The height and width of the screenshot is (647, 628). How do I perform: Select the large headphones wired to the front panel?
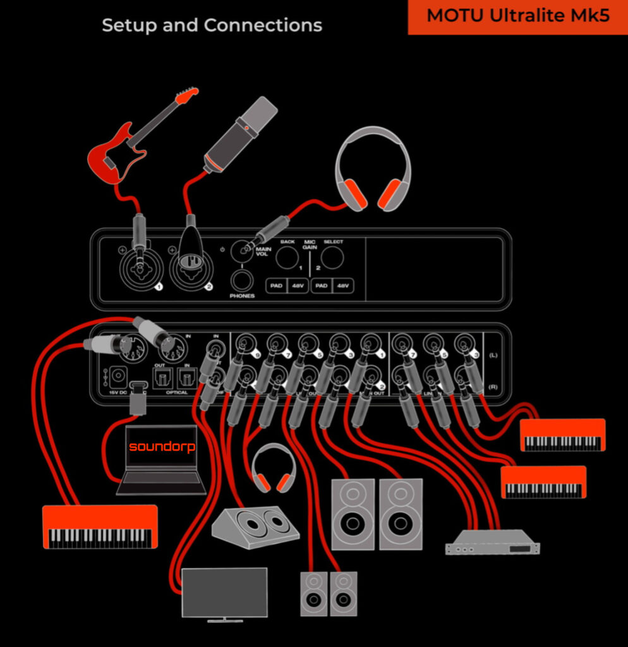[373, 168]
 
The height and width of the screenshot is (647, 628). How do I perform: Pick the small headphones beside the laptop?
[273, 468]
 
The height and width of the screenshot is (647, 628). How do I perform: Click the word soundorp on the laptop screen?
[162, 447]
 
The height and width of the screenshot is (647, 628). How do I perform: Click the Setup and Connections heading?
[212, 26]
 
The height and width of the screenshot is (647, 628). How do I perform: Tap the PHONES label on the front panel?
[242, 296]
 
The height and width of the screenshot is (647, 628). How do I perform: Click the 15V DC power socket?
[118, 378]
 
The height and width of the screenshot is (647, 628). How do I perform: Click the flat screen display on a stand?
[224, 593]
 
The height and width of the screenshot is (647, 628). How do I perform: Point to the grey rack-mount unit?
[492, 541]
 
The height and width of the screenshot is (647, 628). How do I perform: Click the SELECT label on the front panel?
[333, 242]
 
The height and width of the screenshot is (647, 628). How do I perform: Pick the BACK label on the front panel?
[287, 242]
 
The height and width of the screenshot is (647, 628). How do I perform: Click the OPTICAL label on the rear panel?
[176, 393]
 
